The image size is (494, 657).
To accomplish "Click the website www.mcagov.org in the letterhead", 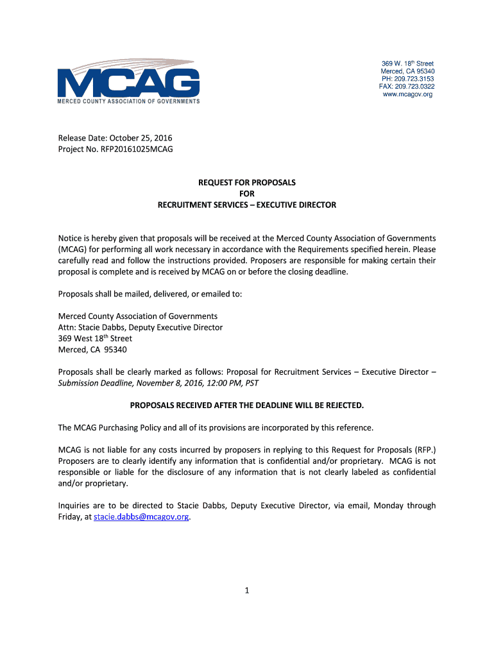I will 407,94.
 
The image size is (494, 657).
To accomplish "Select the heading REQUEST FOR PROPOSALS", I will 247,183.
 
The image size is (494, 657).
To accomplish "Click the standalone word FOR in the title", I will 247,194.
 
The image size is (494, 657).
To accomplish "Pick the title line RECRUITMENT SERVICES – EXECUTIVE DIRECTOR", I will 247,205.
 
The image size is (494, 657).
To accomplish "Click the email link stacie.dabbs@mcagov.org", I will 141,516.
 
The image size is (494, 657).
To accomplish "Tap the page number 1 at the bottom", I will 246,591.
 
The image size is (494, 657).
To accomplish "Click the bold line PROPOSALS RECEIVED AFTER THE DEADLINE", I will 247,405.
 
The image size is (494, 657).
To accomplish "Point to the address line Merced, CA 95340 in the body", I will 92,350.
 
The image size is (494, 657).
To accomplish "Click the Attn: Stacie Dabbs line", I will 141,327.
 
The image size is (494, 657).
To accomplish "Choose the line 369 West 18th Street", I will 95,339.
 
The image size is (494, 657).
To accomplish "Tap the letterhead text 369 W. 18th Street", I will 407,64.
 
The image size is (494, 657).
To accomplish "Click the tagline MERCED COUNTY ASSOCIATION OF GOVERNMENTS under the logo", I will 128,101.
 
